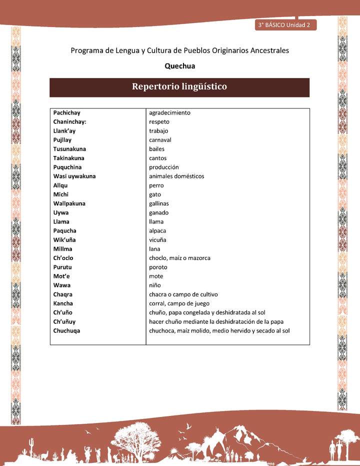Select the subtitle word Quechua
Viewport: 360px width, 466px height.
point(179,65)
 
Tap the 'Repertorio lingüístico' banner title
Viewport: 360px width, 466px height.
point(179,86)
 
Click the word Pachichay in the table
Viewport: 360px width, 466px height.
point(67,112)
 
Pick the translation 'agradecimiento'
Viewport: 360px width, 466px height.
point(169,112)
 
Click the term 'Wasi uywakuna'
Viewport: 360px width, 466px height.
point(74,176)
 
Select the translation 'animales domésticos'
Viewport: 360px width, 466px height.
point(176,176)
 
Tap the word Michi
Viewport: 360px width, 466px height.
point(60,194)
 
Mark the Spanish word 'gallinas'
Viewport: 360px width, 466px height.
point(159,203)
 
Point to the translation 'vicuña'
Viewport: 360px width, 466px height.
point(157,240)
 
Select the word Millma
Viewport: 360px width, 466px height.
point(63,249)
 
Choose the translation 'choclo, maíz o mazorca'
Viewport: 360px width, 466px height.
point(179,258)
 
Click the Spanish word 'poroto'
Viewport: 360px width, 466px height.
point(158,267)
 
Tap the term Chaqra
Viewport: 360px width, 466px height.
point(64,294)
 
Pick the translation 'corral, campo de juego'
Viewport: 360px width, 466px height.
point(178,303)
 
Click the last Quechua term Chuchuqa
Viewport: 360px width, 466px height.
point(67,330)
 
